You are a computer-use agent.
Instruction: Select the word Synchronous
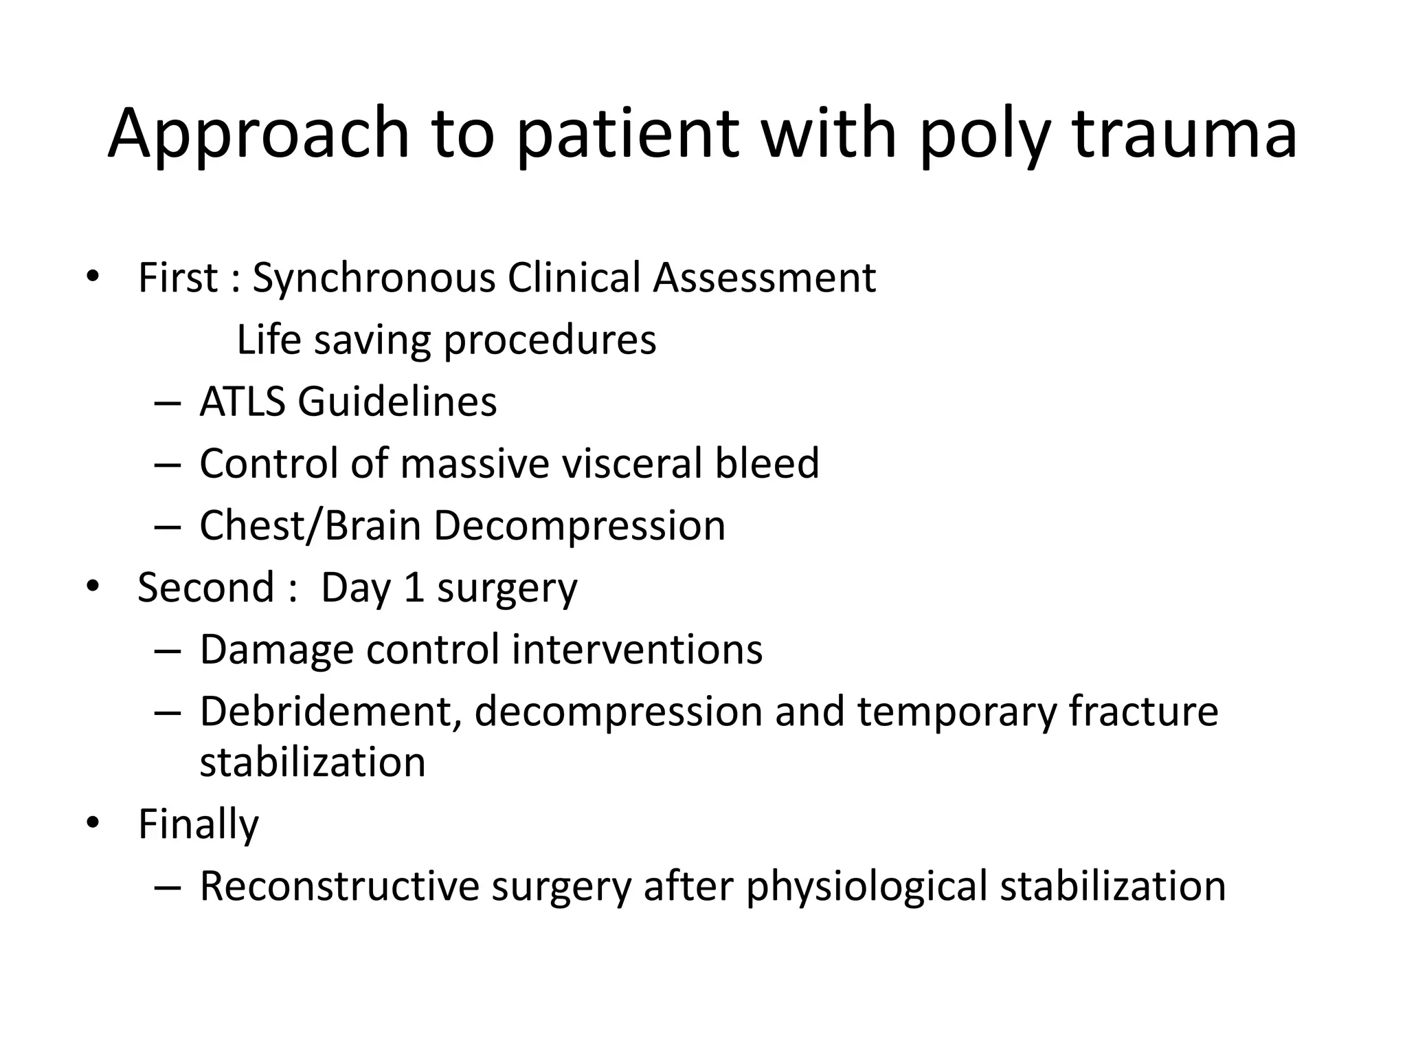click(x=374, y=278)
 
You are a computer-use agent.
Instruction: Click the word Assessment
click(x=764, y=278)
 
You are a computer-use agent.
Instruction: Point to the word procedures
click(x=550, y=341)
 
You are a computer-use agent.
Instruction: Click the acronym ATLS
click(x=242, y=401)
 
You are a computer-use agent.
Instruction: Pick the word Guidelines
click(x=397, y=401)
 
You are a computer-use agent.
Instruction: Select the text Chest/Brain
click(x=310, y=526)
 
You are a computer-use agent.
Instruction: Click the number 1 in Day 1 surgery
click(x=414, y=588)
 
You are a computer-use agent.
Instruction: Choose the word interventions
click(x=637, y=650)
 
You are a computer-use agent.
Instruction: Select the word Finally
click(x=199, y=824)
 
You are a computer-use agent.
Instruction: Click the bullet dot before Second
click(x=93, y=587)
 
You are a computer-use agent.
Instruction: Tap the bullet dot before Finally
click(x=93, y=823)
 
